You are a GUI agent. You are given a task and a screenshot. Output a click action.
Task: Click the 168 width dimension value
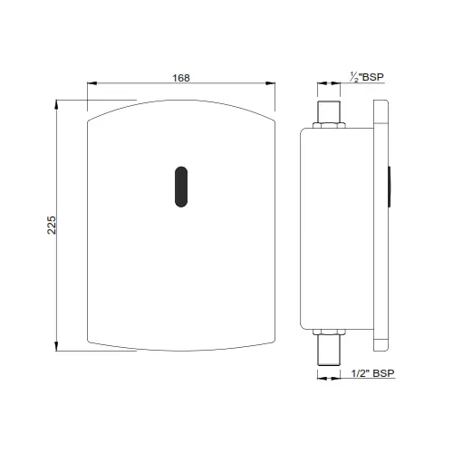[x=181, y=78]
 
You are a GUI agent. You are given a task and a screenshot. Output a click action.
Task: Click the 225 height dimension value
[x=52, y=225]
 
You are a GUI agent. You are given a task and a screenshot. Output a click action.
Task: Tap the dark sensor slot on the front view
[x=181, y=186]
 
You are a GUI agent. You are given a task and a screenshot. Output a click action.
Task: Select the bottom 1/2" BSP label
[x=373, y=372]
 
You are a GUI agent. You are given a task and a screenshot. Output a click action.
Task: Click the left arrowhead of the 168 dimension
[x=92, y=87]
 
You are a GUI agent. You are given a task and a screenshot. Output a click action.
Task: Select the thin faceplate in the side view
[x=381, y=225]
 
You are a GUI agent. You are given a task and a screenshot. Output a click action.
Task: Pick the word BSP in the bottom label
[x=382, y=372]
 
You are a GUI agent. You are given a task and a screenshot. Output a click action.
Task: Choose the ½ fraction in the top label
[x=352, y=77]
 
